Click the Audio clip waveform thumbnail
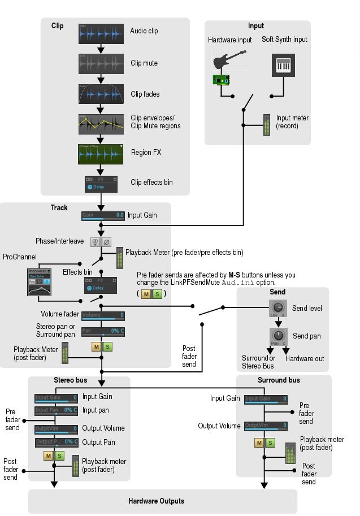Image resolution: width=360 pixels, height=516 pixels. (101, 34)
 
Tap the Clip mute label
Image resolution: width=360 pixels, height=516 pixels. (144, 63)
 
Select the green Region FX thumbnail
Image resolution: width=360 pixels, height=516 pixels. (101, 154)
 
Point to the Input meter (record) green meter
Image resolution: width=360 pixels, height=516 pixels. (267, 125)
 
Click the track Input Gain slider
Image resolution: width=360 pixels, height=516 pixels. (103, 215)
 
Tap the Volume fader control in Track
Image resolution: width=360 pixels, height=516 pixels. (103, 315)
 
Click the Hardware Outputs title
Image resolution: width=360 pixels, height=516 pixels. (157, 501)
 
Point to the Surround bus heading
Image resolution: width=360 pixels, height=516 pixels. (279, 380)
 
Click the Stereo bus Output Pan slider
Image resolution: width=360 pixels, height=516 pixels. (56, 442)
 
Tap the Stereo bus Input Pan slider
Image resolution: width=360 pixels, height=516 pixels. (56, 410)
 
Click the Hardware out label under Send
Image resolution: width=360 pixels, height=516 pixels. (305, 358)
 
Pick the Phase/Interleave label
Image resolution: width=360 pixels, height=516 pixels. (59, 241)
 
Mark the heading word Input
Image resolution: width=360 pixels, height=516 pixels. (256, 26)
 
